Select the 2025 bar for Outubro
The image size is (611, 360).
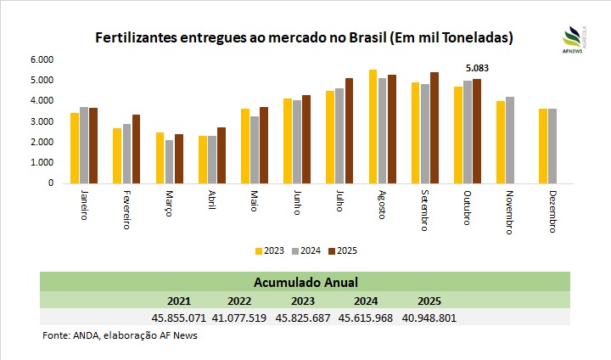(476, 131)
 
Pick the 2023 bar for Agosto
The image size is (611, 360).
(373, 126)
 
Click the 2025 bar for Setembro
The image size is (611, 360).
(434, 127)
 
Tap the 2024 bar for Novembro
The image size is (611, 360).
(510, 139)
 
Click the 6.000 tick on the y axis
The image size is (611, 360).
(42, 60)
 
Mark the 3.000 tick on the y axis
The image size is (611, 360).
(42, 121)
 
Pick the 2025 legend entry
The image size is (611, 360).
(343, 250)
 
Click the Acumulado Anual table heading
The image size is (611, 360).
(305, 282)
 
